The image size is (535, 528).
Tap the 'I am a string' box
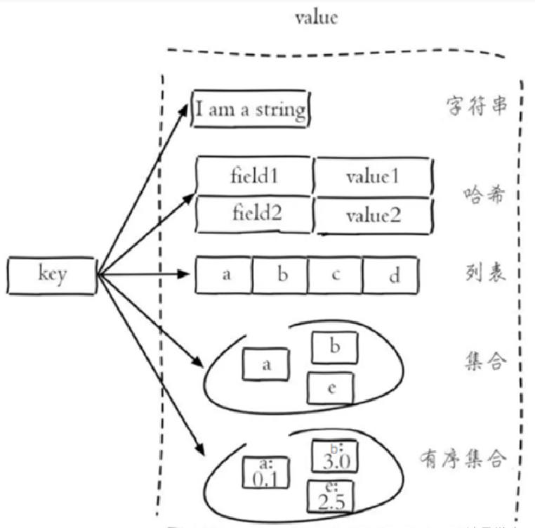pyautogui.click(x=251, y=109)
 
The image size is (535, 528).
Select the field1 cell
pyautogui.click(x=254, y=175)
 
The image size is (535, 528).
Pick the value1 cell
pyautogui.click(x=371, y=175)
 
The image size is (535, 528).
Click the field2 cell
pyautogui.click(x=254, y=213)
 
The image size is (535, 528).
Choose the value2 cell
pyautogui.click(x=371, y=214)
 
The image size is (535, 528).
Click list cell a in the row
pyautogui.click(x=225, y=275)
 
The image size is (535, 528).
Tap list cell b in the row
pyautogui.click(x=281, y=275)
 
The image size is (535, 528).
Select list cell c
pyautogui.click(x=336, y=275)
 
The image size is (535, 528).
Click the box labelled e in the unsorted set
pyautogui.click(x=331, y=388)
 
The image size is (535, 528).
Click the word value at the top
pyautogui.click(x=315, y=18)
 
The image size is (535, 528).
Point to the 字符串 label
pyautogui.click(x=476, y=107)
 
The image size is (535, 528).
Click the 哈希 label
pyautogui.click(x=484, y=195)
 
